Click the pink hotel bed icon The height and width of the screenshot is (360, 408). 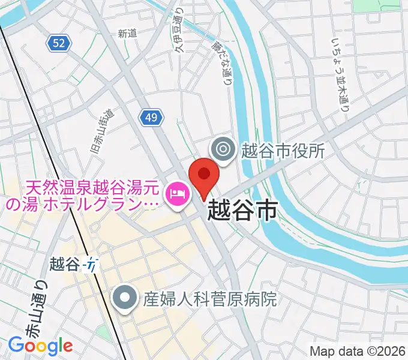(x=177, y=193)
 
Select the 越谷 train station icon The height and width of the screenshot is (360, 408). (x=92, y=263)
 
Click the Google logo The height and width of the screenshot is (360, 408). (x=40, y=345)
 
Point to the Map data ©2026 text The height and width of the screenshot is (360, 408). (x=358, y=351)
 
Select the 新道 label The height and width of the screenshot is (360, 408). (x=127, y=34)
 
